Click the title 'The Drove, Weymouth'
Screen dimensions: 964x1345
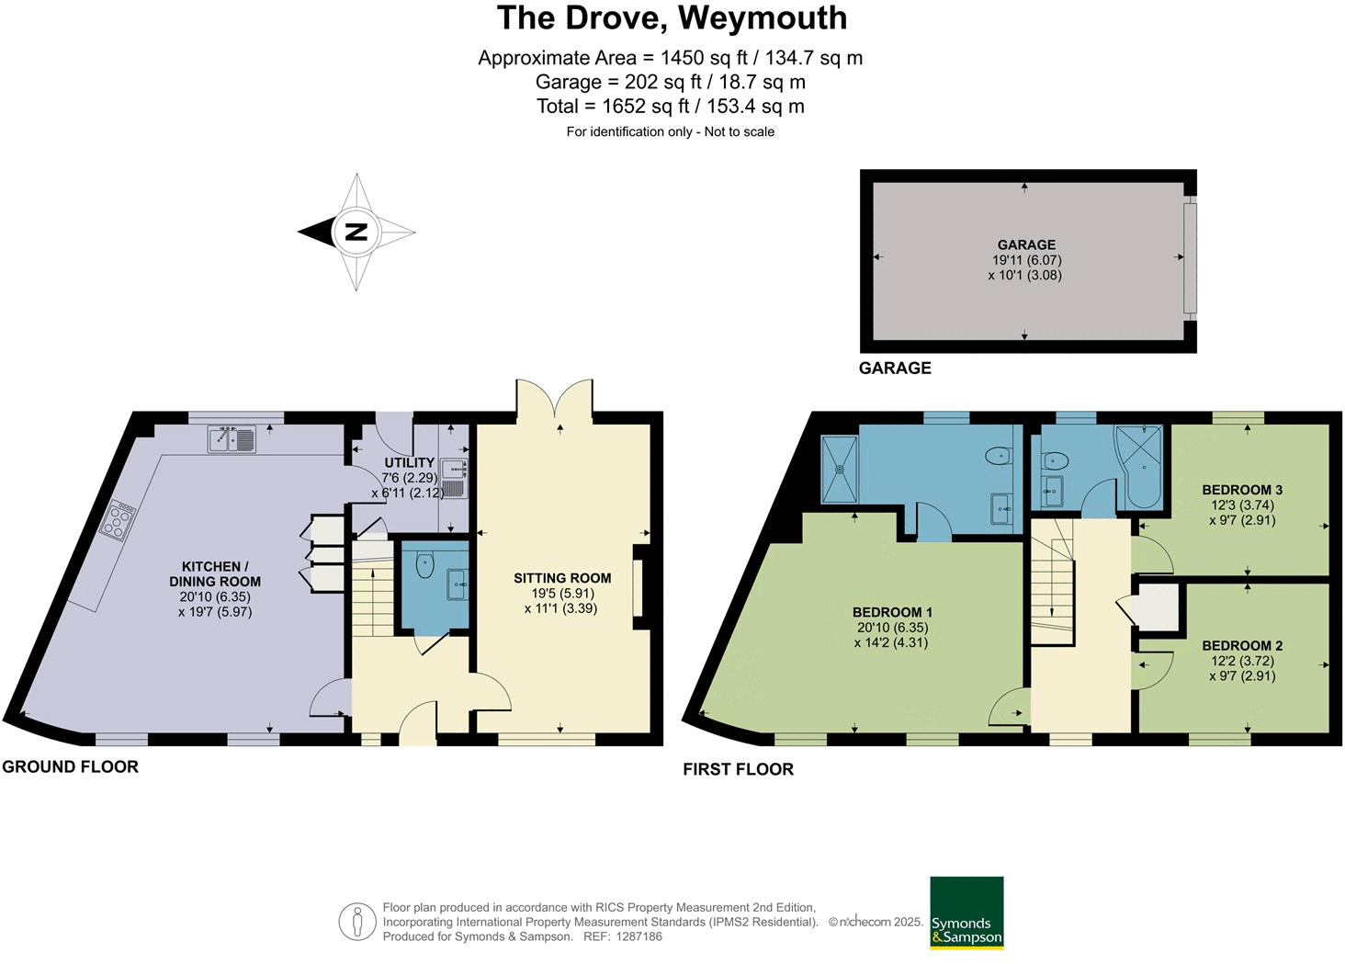tap(672, 18)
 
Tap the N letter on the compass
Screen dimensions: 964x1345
tap(356, 232)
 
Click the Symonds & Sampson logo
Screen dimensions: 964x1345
tap(966, 913)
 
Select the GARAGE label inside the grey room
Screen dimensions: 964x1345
tap(1026, 245)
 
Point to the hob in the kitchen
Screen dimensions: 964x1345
tap(119, 520)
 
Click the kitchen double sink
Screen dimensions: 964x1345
tap(232, 441)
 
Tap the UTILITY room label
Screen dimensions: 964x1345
tap(409, 462)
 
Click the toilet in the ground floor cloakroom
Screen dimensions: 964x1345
tap(424, 564)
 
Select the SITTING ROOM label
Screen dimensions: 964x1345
tap(562, 578)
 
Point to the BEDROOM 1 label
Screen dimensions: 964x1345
tap(892, 612)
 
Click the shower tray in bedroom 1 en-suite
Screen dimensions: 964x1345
tap(839, 469)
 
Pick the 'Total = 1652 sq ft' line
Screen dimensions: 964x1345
tap(670, 107)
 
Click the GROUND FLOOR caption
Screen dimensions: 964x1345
tap(70, 766)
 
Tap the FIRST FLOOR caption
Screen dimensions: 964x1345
tap(738, 769)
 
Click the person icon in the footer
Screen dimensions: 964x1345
tap(356, 922)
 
